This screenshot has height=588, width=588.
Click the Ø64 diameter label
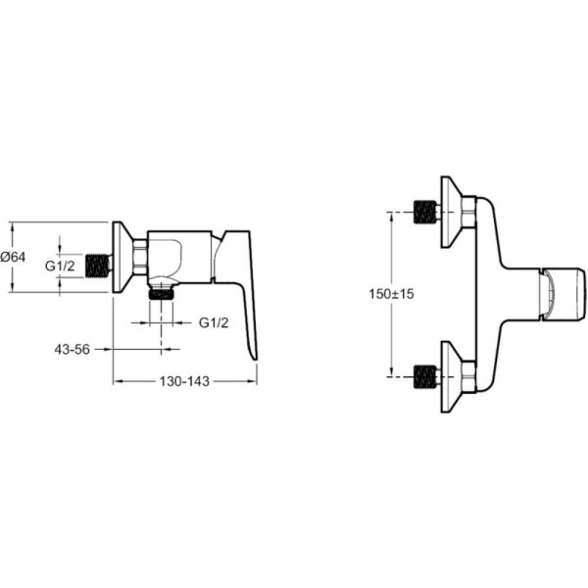click(13, 257)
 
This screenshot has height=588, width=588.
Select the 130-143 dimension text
click(184, 381)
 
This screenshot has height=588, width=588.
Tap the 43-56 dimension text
click(72, 350)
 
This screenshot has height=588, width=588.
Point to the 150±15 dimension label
click(391, 294)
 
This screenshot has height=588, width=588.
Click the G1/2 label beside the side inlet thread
click(60, 266)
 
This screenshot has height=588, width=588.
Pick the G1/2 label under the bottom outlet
click(214, 322)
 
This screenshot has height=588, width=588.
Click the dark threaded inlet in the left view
click(97, 267)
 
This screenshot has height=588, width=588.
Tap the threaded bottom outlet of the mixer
click(162, 292)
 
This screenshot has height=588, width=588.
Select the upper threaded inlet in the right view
click(425, 213)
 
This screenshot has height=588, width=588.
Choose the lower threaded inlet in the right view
click(425, 376)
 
